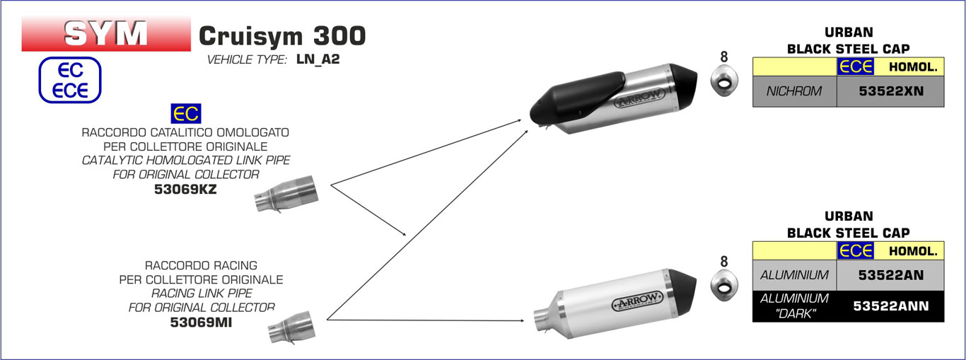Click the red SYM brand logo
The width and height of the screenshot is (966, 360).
[106, 34]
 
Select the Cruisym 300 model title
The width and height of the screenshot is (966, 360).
[282, 36]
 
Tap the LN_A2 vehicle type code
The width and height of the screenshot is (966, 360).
[318, 59]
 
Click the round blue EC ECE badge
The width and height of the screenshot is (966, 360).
[70, 80]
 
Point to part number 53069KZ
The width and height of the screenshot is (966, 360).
[185, 190]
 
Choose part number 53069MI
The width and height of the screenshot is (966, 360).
[201, 322]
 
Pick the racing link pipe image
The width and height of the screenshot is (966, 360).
[291, 327]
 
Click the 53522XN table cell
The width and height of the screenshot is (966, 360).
[890, 91]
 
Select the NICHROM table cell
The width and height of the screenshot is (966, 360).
[794, 91]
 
